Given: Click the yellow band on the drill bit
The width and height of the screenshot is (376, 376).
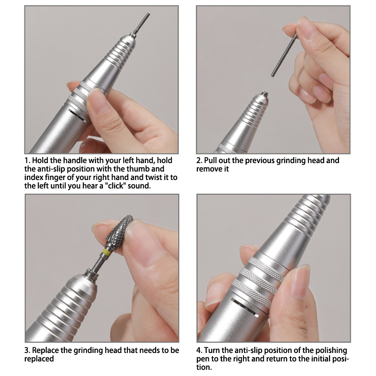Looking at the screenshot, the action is coord(106,252).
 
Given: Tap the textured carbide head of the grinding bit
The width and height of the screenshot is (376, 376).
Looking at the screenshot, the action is coord(119,230).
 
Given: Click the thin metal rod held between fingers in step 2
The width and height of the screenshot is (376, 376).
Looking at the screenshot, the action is coord(284,55).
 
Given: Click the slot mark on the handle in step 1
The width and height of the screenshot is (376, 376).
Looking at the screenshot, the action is coord(77,116).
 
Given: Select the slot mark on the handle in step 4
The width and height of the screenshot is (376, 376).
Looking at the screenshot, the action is coord(245,307).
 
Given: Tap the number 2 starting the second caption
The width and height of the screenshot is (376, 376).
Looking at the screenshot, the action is coord(199,160).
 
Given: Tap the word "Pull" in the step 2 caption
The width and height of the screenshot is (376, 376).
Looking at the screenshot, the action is coord(210,160).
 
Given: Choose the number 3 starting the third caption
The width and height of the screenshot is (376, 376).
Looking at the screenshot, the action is coord(27,350).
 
